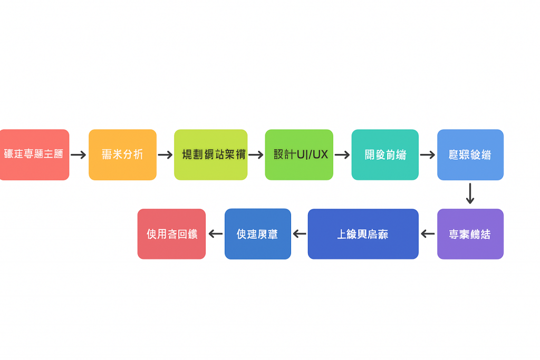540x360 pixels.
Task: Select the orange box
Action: [x=122, y=154]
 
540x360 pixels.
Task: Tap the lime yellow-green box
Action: [x=210, y=154]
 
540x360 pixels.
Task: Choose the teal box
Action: [x=385, y=154]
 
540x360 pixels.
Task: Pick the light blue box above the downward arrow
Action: [x=470, y=154]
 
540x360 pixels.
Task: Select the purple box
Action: [x=470, y=234]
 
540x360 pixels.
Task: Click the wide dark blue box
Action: [x=363, y=234]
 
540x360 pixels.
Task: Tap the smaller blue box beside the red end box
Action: [x=257, y=234]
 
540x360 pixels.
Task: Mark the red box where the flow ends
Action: [x=171, y=234]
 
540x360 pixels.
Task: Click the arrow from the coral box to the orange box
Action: [x=79, y=155]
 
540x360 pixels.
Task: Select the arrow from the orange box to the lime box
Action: [x=165, y=155]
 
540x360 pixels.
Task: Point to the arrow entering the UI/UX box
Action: [x=256, y=155]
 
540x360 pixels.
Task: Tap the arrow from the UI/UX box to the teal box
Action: [x=342, y=155]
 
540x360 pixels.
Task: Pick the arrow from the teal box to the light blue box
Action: [x=428, y=155]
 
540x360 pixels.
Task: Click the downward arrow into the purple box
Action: [x=470, y=193]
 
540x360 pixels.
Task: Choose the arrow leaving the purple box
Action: [x=428, y=234]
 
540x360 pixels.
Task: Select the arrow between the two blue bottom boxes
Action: [x=300, y=234]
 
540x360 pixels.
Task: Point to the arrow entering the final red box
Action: [x=215, y=234]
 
